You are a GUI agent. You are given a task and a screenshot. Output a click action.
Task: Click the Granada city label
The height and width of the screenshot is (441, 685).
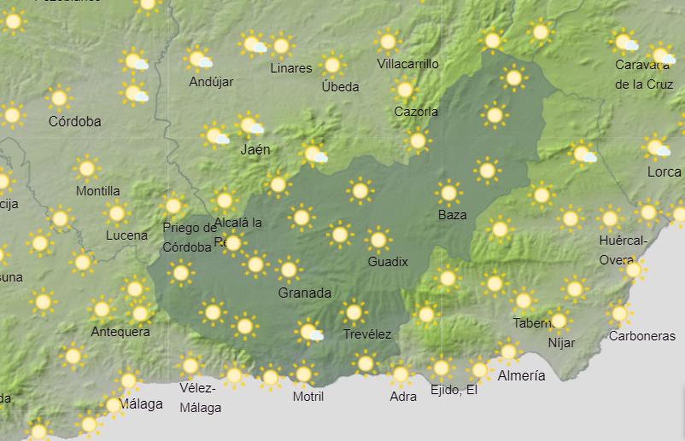click(x=304, y=293)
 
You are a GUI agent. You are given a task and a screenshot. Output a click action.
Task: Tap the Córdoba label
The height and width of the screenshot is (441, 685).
click(x=75, y=121)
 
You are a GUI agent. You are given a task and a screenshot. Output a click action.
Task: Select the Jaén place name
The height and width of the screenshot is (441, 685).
click(x=255, y=150)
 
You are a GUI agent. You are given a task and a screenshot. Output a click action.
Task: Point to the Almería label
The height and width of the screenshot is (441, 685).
click(x=521, y=376)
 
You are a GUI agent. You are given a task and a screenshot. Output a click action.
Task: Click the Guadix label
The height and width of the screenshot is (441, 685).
click(x=387, y=261)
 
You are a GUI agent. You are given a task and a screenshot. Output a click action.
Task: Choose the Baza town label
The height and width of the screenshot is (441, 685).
click(x=452, y=215)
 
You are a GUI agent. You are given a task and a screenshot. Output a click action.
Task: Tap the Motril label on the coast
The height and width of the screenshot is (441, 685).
click(x=308, y=397)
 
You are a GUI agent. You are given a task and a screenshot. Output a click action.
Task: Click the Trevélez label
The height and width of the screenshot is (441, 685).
click(x=367, y=334)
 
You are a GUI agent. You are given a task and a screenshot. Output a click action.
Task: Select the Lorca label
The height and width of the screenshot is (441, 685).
click(x=664, y=172)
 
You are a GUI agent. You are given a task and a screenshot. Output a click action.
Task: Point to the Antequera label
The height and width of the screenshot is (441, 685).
click(x=120, y=331)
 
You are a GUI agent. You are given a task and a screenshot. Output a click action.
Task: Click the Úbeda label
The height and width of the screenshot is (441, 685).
click(x=340, y=87)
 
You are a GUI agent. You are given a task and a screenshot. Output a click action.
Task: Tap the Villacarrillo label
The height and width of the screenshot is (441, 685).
click(x=408, y=64)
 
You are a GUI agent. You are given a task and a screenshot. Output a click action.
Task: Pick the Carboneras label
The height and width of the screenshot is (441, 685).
click(x=642, y=336)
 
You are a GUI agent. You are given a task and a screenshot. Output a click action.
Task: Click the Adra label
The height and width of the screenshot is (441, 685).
click(x=403, y=397)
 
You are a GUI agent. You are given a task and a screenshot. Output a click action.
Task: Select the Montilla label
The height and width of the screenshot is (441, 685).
click(x=98, y=191)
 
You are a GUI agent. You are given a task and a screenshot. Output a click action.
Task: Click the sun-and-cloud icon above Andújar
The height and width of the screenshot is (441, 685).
click(x=198, y=59)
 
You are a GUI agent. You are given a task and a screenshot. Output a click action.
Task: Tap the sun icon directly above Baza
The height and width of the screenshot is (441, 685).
click(x=449, y=193)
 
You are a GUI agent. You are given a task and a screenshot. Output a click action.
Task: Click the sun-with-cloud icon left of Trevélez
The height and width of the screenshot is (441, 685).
click(x=309, y=331)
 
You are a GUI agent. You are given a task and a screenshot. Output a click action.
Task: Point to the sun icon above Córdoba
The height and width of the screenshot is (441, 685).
click(x=59, y=98)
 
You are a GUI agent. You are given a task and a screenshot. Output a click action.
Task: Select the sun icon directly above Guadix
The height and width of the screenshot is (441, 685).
click(x=378, y=240)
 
